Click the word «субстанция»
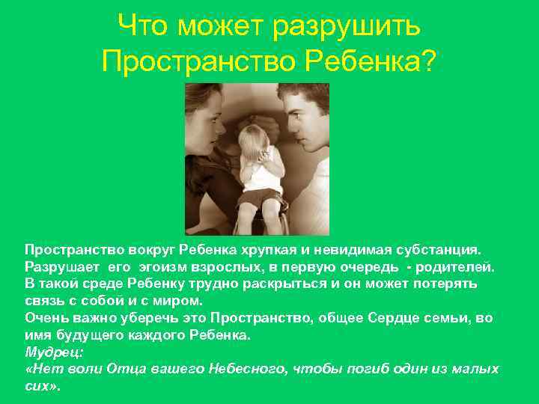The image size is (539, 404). pyautogui.click(x=438, y=248)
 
